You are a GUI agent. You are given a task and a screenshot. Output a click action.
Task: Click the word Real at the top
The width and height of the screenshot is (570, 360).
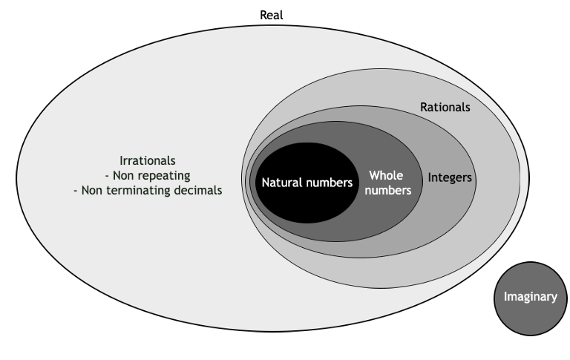(272, 15)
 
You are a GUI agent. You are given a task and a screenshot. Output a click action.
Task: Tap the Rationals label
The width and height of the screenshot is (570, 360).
(445, 107)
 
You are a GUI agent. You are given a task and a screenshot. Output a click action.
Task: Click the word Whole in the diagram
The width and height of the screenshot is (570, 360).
(385, 176)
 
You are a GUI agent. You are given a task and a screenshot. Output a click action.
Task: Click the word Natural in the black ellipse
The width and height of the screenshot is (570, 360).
(279, 181)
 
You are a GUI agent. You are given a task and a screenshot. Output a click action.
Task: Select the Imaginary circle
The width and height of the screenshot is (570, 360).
(529, 297)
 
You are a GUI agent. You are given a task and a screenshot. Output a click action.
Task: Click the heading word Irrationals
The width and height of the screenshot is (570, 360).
(148, 160)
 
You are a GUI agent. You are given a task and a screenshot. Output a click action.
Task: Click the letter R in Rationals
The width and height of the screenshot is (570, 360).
(424, 107)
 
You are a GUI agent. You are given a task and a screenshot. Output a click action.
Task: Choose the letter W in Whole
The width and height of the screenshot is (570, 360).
(373, 176)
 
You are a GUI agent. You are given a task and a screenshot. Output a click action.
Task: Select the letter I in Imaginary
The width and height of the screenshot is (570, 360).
(505, 297)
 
